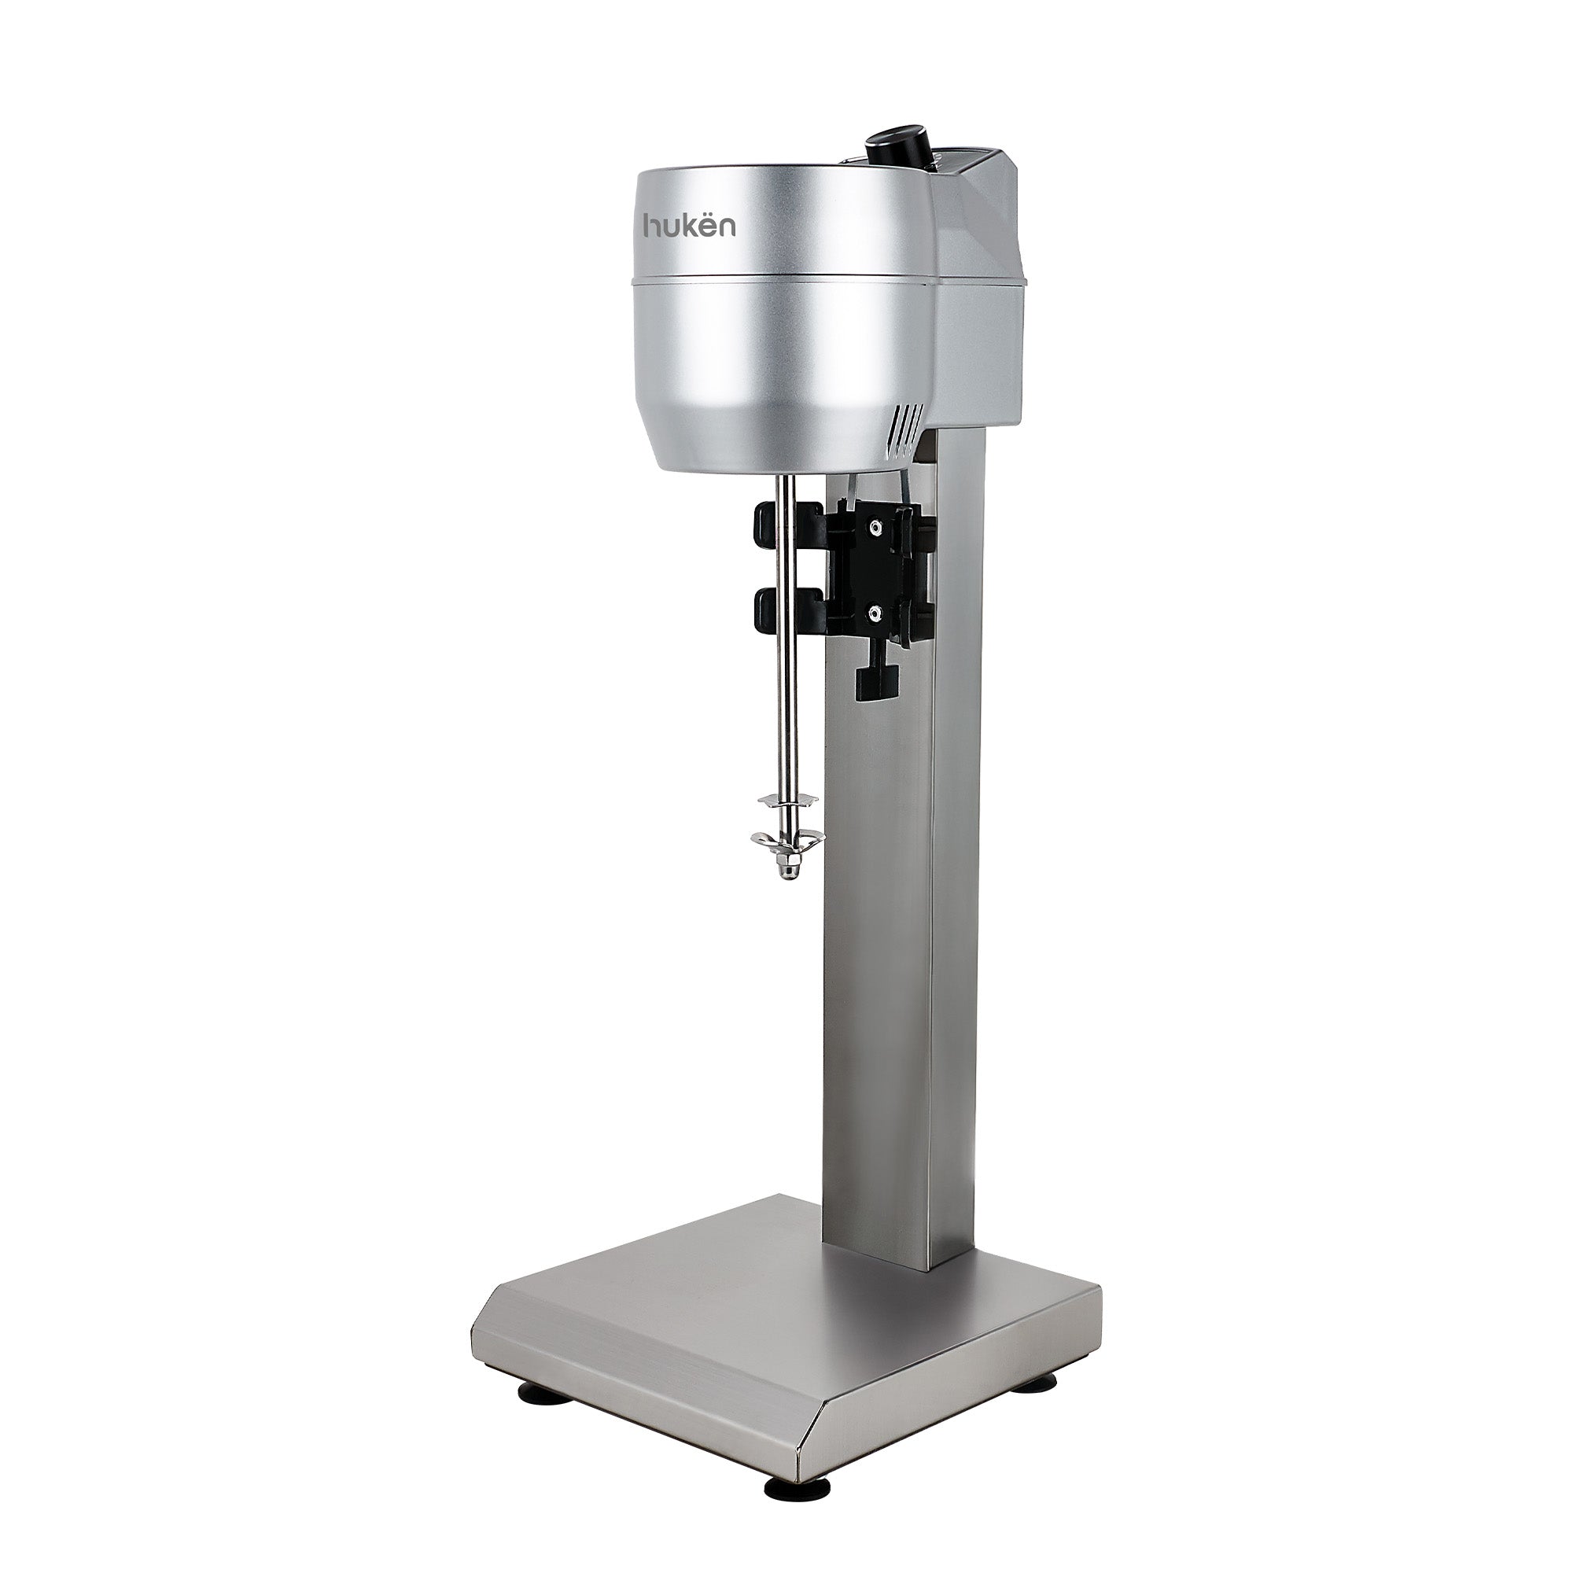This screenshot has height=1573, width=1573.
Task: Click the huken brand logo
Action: pyautogui.click(x=690, y=226)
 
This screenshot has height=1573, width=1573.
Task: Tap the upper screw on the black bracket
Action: pyautogui.click(x=875, y=528)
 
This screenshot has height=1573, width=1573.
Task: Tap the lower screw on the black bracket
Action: pyautogui.click(x=875, y=611)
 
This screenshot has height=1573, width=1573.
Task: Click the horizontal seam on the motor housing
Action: pyautogui.click(x=782, y=279)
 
